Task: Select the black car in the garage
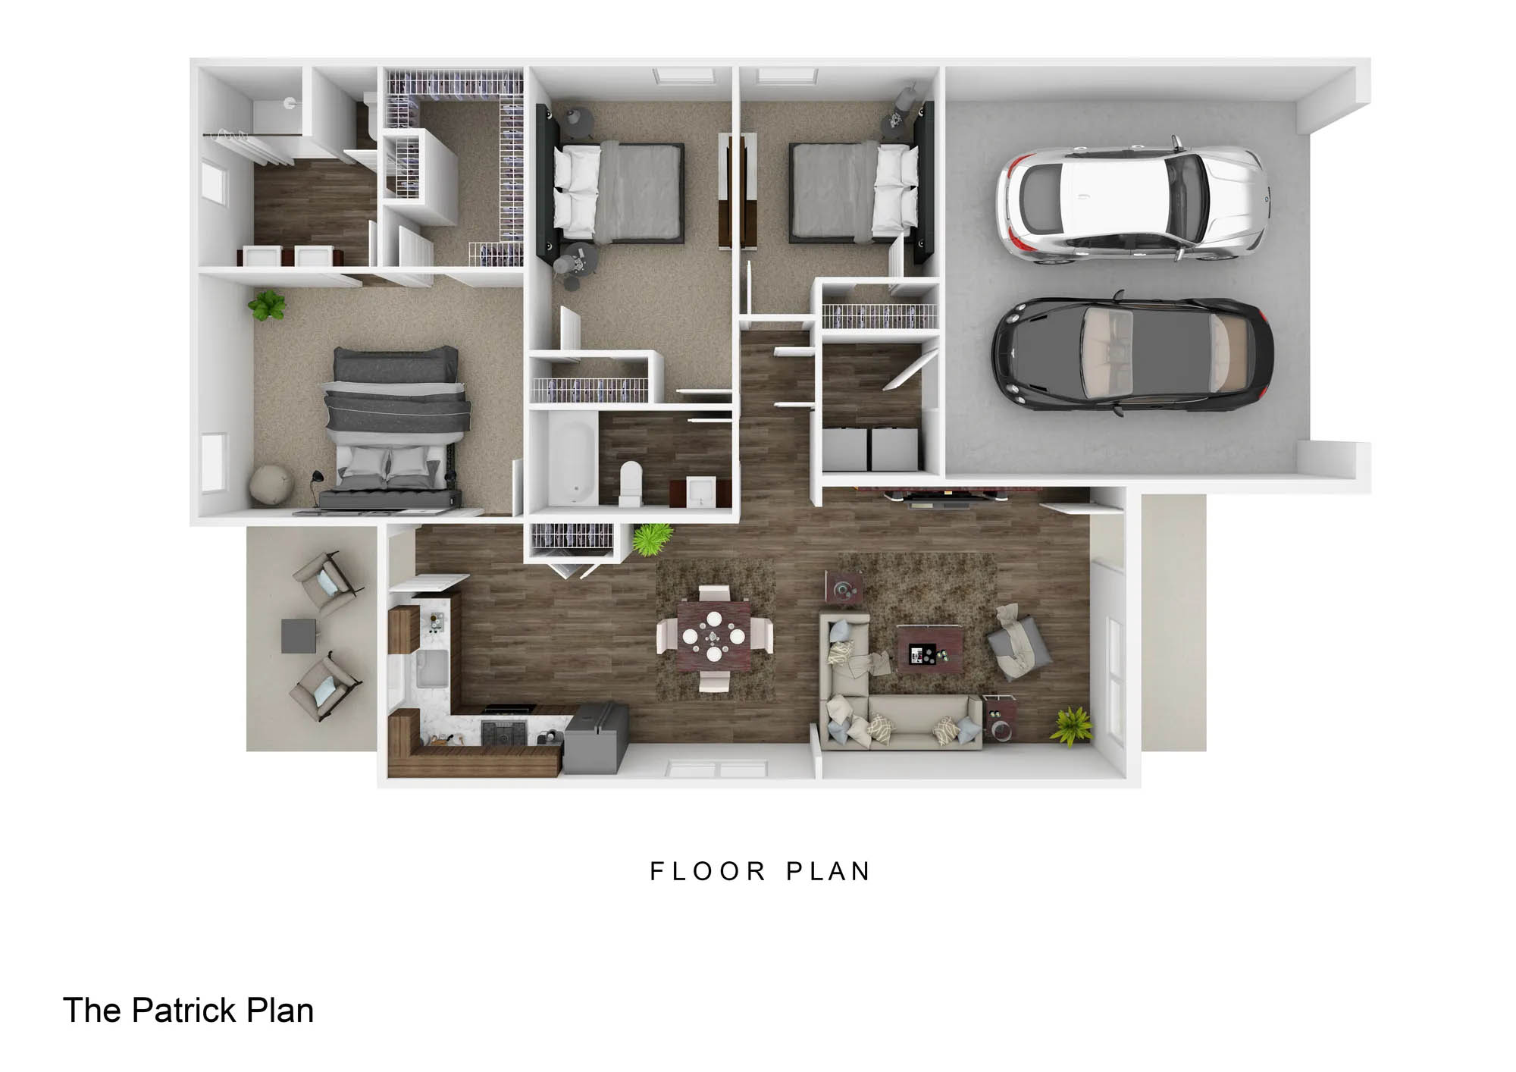[1132, 353]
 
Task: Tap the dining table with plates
[714, 635]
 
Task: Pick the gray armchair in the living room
[1018, 641]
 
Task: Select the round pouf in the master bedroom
[270, 483]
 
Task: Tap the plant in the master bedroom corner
[266, 306]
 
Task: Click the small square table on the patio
[299, 636]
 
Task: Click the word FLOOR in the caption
[708, 871]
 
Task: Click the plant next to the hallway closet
[652, 539]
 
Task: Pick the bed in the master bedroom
[393, 428]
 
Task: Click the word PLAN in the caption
[828, 871]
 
